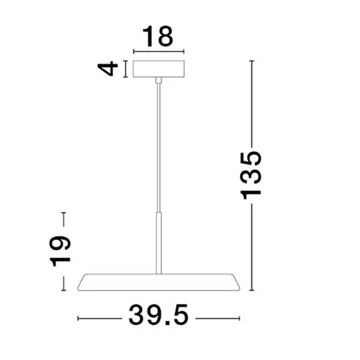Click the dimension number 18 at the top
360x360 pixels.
coord(159,36)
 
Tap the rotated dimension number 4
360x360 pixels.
coord(109,69)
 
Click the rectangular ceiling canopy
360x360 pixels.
coord(159,69)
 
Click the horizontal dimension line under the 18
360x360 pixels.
coord(159,52)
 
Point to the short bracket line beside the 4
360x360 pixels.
coord(126,69)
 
